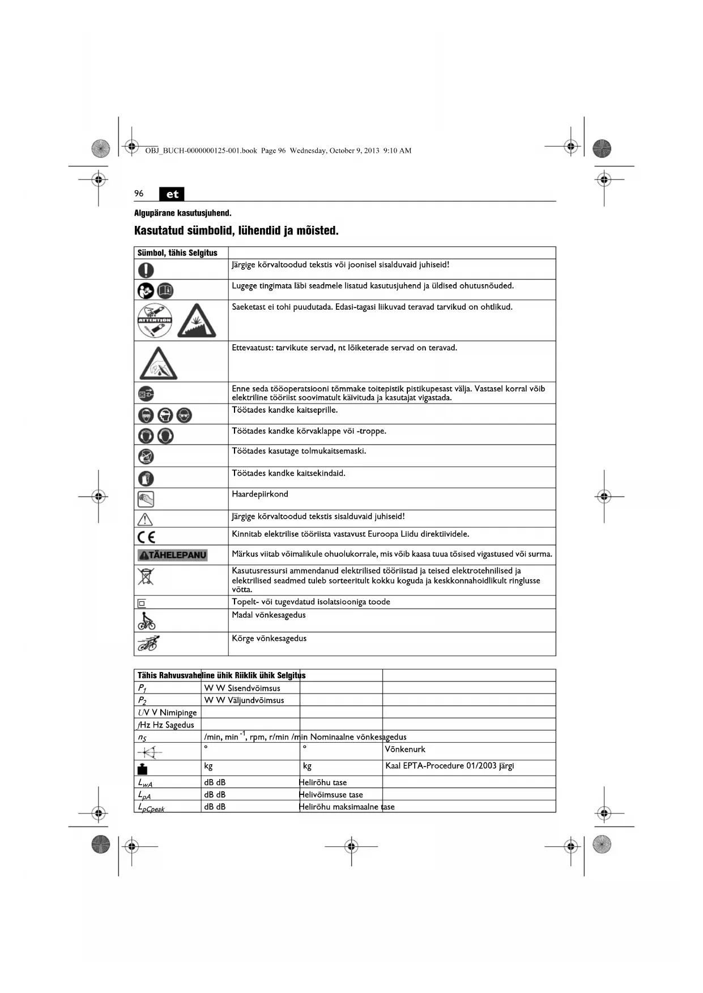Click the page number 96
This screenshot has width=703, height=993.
139,194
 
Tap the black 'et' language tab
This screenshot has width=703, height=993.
172,194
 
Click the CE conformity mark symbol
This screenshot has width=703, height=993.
146,537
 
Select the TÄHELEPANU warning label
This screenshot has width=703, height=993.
173,555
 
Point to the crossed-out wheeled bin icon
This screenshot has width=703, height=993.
146,577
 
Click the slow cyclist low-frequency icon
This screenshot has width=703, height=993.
146,620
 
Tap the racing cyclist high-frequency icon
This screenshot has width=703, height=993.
148,644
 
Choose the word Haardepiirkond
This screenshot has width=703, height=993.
260,494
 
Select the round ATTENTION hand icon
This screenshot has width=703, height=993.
154,320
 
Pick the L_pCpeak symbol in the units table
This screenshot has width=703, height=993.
151,807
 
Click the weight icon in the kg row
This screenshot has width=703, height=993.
142,768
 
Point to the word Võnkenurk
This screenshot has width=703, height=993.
405,750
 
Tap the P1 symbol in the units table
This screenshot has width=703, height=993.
142,688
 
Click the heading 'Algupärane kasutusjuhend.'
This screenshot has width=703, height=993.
182,213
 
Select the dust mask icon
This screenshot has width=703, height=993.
146,456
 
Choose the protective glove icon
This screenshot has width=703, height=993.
146,478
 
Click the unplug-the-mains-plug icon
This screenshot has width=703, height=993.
146,393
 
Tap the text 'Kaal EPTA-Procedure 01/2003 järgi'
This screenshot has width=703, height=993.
449,766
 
